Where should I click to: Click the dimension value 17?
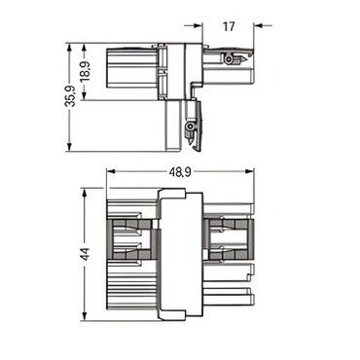coord(229,26)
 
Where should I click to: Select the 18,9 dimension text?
coord(86,72)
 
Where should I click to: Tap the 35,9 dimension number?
coord(69,96)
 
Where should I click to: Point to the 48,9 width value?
coord(180,172)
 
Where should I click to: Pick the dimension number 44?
coord(85,254)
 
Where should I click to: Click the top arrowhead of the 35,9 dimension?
coord(69,48)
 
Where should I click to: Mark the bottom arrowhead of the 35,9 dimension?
coord(69,147)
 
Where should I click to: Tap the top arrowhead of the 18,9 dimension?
coord(85,48)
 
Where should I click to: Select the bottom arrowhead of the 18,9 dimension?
coord(85,95)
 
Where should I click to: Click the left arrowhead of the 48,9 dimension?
coord(111,171)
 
